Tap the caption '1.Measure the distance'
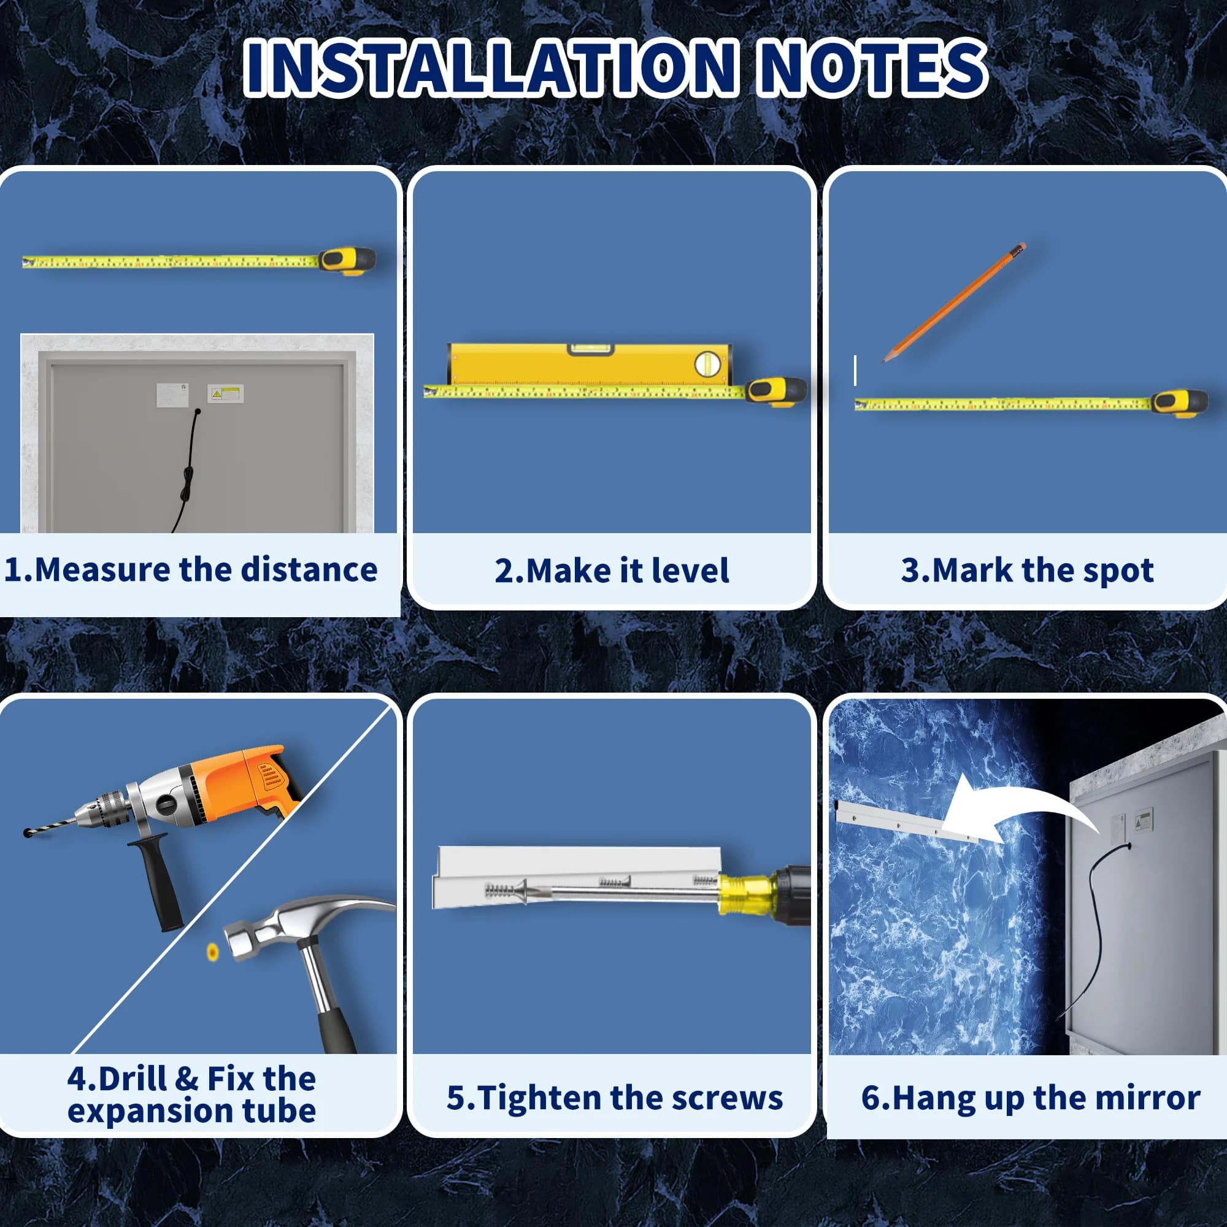pyautogui.click(x=191, y=569)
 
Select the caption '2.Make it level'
pyautogui.click(x=612, y=571)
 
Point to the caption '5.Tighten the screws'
pyautogui.click(x=614, y=1098)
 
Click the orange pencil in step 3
pyautogui.click(x=955, y=302)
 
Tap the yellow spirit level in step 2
pyautogui.click(x=590, y=364)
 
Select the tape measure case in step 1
pyautogui.click(x=347, y=260)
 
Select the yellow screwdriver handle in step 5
pyautogui.click(x=747, y=894)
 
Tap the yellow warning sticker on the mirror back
pyautogui.click(x=225, y=394)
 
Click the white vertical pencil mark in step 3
pyautogui.click(x=855, y=371)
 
